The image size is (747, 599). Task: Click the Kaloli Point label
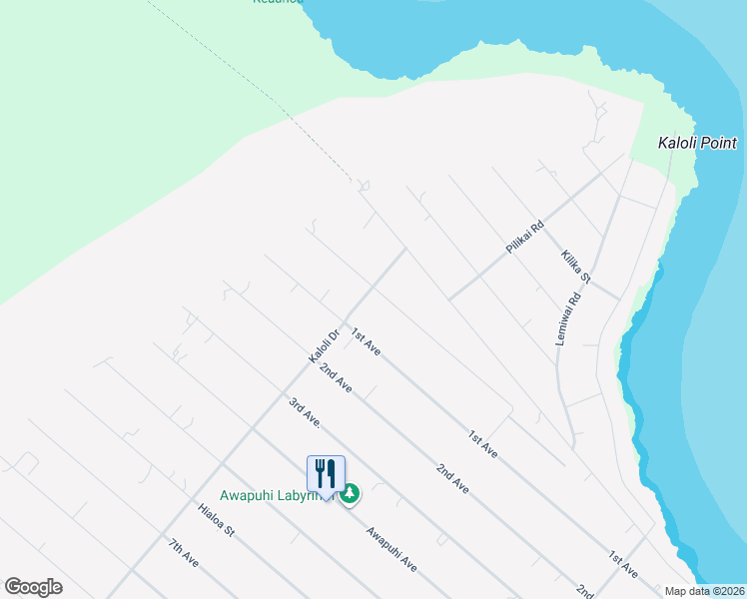697,143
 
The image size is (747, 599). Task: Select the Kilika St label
576,267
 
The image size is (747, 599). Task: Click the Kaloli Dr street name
325,345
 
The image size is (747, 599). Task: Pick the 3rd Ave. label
304,413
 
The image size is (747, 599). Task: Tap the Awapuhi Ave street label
390,549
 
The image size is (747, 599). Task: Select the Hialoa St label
216,520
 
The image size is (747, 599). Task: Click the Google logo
33,587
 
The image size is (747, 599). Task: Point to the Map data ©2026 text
705,591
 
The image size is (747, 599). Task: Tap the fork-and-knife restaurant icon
326,472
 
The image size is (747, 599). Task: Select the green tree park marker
350,494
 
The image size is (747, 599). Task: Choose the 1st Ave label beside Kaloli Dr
366,342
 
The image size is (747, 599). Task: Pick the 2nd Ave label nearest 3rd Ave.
336,376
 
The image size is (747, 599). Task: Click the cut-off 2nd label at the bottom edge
583,591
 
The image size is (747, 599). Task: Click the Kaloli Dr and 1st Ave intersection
345,309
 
